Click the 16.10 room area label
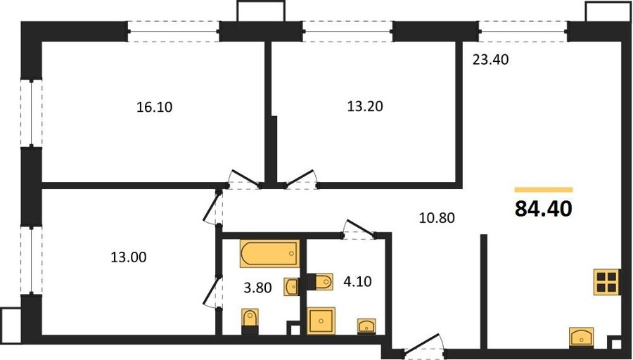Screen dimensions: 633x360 [155, 107]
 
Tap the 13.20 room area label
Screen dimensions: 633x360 [365, 106]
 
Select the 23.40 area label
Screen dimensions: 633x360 [490, 60]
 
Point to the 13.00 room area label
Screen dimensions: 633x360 [129, 257]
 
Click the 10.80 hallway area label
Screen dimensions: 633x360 [437, 218]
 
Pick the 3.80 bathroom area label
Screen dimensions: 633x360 [258, 288]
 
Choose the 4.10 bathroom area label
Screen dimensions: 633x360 [357, 281]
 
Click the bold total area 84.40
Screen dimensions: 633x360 [544, 209]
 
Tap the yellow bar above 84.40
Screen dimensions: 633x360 [544, 190]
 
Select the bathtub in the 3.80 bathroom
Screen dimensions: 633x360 [270, 253]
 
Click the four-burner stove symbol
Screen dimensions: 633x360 [607, 282]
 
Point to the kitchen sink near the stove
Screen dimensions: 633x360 [582, 337]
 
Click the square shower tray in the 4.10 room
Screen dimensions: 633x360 [321, 321]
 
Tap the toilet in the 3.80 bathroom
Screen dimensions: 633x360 [250, 321]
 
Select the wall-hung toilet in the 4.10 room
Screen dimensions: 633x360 [320, 282]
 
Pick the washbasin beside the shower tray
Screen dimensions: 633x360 [366, 326]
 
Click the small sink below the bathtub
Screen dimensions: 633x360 [291, 287]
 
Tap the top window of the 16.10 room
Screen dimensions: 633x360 [174, 32]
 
